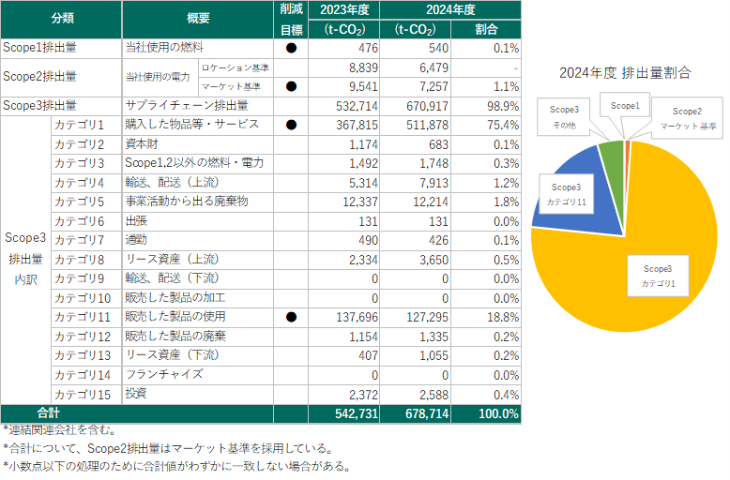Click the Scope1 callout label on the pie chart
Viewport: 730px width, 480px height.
pyautogui.click(x=625, y=106)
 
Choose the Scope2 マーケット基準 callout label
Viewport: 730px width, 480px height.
pyautogui.click(x=687, y=117)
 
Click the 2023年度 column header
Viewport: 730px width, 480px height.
pyautogui.click(x=344, y=10)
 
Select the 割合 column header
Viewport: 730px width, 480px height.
pyautogui.click(x=486, y=29)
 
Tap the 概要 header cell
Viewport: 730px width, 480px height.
pyautogui.click(x=199, y=19)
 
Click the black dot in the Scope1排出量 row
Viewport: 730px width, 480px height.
pyautogui.click(x=291, y=47)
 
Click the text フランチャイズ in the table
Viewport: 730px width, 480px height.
pyautogui.click(x=164, y=374)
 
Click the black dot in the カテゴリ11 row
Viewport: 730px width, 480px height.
pyautogui.click(x=291, y=317)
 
